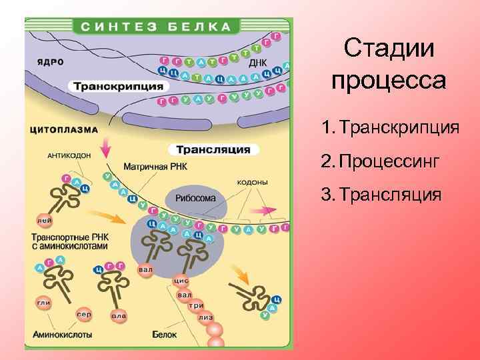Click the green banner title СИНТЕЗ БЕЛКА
click(x=157, y=28)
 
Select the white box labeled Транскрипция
click(x=117, y=87)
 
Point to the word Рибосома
click(x=195, y=198)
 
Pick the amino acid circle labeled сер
click(x=84, y=313)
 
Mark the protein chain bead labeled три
click(x=196, y=305)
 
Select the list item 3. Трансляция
click(x=381, y=194)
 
